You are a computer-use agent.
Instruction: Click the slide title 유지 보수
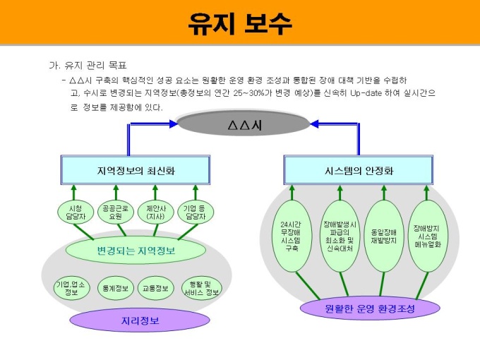239,23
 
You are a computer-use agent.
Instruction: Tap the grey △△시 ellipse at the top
244,125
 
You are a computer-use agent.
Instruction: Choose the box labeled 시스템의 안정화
359,171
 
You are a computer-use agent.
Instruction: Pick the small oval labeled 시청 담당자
76,212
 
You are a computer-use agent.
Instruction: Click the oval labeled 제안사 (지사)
155,212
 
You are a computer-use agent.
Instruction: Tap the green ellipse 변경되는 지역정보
136,250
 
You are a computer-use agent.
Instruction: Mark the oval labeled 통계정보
115,287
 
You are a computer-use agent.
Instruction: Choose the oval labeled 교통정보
156,287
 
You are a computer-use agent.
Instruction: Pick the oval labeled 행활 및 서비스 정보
201,287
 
